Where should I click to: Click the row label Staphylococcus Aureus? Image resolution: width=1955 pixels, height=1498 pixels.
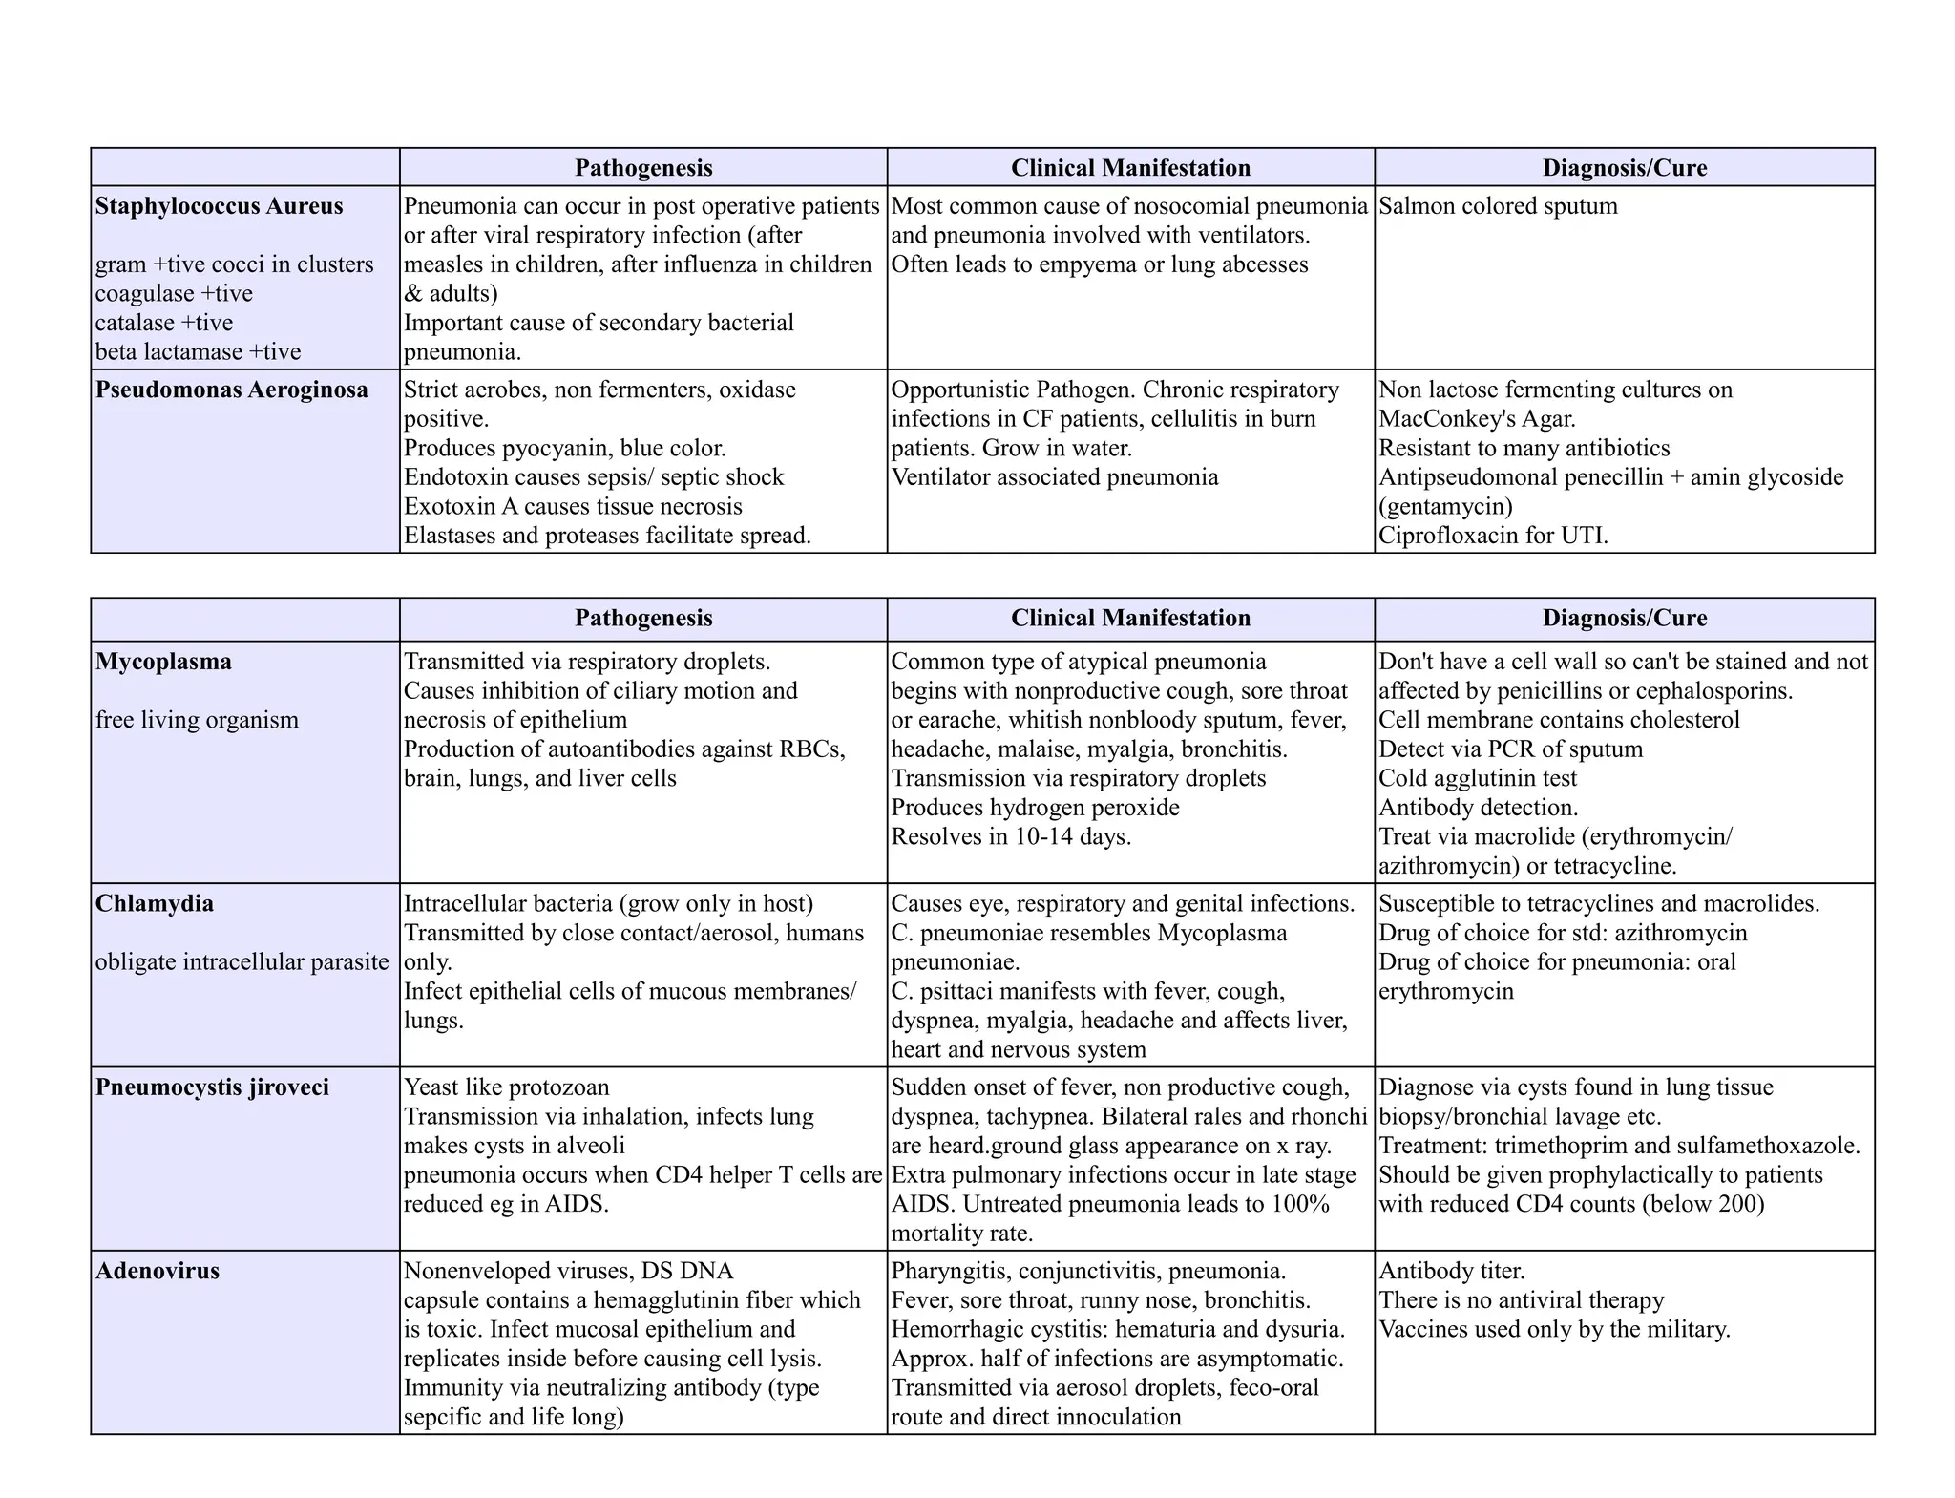click(219, 206)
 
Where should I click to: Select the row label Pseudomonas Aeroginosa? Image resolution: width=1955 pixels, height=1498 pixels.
click(231, 390)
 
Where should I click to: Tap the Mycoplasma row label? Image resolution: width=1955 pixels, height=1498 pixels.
click(163, 662)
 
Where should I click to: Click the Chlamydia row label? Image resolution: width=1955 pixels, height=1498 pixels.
click(155, 903)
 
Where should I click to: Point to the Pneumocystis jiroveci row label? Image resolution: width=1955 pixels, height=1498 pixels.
click(212, 1087)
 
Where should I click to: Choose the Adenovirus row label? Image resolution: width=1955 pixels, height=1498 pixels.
click(158, 1271)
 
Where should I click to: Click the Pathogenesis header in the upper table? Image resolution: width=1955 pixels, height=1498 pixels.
click(643, 168)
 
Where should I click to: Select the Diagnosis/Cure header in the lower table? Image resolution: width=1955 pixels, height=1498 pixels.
click(1624, 618)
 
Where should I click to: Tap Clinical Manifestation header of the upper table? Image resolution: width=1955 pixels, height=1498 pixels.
click(1130, 168)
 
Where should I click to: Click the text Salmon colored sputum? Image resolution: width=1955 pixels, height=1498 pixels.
click(1498, 206)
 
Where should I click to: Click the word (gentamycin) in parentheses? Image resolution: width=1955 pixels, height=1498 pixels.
click(1445, 506)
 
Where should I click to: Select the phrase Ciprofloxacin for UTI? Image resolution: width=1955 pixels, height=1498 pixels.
click(1493, 536)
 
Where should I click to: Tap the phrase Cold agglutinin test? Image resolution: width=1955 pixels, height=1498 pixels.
click(1478, 778)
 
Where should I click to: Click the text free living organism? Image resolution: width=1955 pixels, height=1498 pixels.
click(197, 720)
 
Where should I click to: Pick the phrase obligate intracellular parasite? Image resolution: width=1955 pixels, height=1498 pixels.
click(242, 961)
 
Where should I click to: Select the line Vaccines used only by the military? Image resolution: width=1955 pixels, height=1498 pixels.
click(1554, 1329)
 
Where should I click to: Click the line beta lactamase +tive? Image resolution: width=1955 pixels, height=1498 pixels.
click(198, 352)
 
